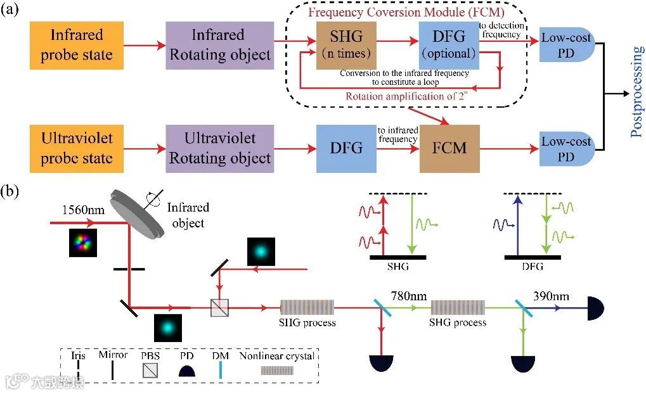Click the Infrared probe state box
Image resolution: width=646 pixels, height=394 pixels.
77,44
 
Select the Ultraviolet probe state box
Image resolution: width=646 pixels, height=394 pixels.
77,149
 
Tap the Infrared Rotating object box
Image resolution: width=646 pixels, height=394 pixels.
220,44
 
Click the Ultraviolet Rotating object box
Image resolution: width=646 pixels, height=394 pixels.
220,149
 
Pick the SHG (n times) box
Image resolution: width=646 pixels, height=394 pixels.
346,45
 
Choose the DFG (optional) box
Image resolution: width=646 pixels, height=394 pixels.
448,44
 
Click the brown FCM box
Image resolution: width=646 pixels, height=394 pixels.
449,149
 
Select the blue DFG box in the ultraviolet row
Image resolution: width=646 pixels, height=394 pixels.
346,149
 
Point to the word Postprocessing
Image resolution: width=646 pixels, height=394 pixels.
636,92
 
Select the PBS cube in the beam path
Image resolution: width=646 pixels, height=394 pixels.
220,308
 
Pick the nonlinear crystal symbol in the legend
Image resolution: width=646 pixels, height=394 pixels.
276,372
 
